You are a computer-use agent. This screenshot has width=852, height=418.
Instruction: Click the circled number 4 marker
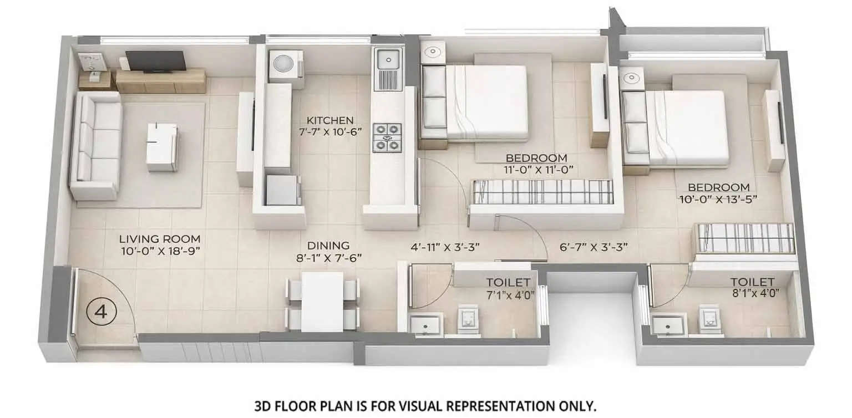click(x=101, y=312)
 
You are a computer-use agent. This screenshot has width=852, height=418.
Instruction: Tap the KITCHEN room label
click(x=330, y=120)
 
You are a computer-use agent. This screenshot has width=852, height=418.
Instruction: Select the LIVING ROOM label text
click(x=160, y=239)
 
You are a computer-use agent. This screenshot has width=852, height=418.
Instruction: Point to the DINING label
click(x=329, y=245)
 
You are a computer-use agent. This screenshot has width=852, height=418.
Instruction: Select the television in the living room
click(x=156, y=61)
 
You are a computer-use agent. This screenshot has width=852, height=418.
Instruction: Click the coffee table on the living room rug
click(x=162, y=146)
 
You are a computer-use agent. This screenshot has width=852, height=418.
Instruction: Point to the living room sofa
click(x=95, y=145)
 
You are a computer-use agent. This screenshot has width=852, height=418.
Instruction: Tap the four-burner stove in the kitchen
click(x=387, y=137)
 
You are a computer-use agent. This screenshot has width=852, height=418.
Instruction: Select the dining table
click(x=322, y=301)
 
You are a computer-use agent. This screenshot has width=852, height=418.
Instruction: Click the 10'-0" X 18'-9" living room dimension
click(x=160, y=251)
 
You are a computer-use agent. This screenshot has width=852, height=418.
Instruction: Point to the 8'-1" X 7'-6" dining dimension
click(x=329, y=257)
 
